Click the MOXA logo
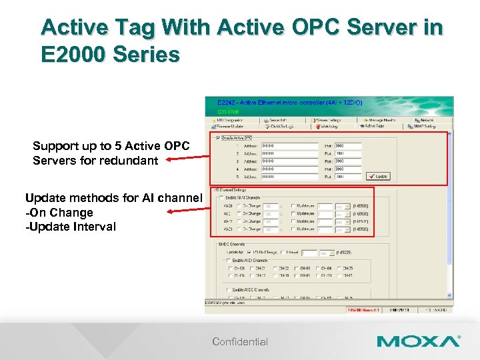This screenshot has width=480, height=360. (418, 341)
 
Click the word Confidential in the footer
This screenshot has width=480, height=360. (240, 342)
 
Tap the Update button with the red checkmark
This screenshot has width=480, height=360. (378, 177)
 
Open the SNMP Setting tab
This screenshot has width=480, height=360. (424, 125)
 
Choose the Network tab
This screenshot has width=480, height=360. (427, 119)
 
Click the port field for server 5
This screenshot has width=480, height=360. (347, 177)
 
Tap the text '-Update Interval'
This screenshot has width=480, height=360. (70, 227)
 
